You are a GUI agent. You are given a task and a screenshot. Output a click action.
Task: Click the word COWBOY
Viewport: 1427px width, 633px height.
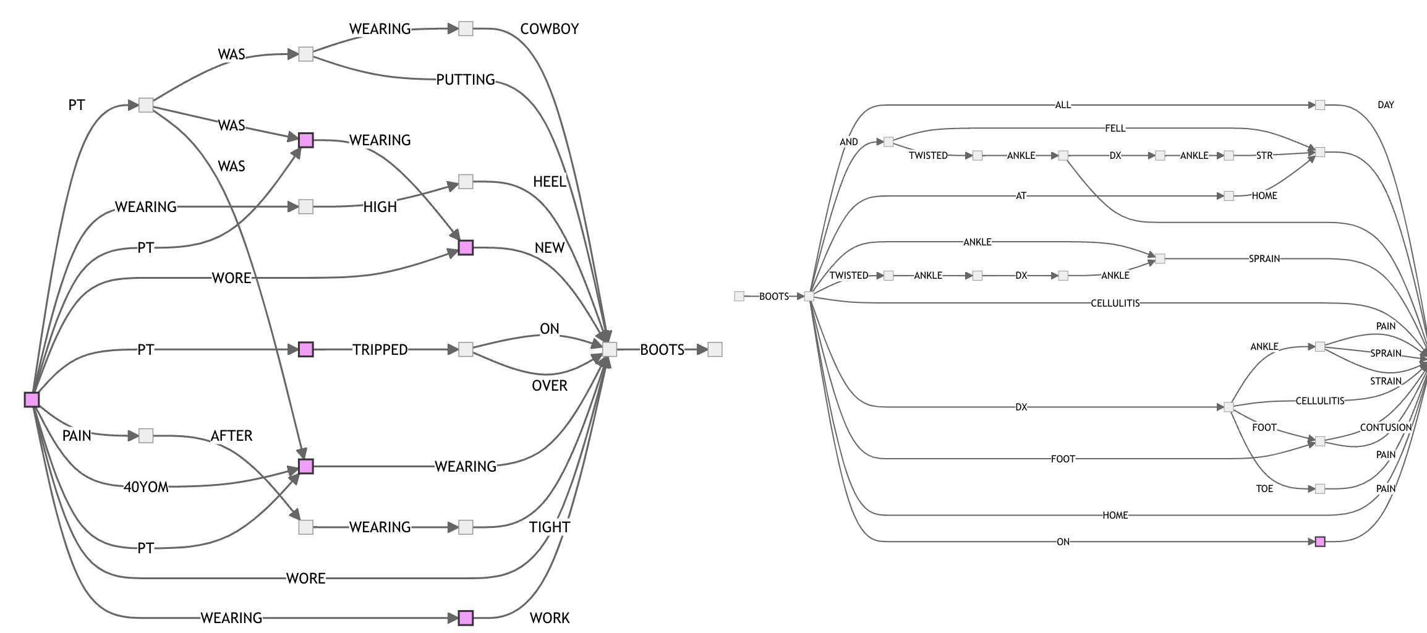tap(549, 29)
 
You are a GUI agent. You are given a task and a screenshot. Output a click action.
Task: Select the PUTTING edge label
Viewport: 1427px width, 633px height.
tap(466, 80)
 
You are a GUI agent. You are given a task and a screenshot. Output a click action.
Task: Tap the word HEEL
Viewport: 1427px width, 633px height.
tap(549, 182)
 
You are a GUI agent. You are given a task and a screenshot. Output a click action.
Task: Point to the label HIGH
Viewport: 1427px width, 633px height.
tap(380, 207)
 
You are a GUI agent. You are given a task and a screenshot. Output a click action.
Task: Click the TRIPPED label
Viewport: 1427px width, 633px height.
tap(380, 350)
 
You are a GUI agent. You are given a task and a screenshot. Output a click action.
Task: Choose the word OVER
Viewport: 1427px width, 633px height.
tap(549, 386)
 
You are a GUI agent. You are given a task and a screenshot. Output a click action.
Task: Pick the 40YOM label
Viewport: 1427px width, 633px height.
tap(146, 487)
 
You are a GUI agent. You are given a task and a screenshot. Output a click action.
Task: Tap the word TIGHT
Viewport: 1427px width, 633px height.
tap(549, 527)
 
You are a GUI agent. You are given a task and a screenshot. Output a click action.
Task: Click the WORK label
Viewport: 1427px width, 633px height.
tap(549, 618)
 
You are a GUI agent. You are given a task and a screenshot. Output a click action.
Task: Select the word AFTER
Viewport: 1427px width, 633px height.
tap(231, 436)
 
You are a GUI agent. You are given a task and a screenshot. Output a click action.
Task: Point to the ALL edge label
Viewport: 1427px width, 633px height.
tap(1062, 105)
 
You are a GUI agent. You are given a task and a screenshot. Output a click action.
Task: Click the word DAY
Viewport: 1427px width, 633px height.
tap(1386, 105)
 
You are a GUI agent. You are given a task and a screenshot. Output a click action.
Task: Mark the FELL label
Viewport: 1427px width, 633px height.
tap(1115, 129)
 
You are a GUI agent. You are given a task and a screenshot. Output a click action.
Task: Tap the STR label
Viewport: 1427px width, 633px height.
tap(1264, 156)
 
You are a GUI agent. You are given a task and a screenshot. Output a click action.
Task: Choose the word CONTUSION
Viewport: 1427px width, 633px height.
tap(1386, 428)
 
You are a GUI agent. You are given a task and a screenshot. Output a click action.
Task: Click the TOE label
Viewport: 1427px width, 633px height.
tap(1264, 489)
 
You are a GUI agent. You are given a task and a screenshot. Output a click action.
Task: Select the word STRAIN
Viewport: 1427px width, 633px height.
tap(1386, 381)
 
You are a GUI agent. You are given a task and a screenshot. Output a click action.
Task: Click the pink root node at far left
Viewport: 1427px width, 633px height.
tap(32, 400)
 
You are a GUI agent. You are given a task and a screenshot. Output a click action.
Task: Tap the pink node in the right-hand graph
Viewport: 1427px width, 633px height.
tap(1319, 542)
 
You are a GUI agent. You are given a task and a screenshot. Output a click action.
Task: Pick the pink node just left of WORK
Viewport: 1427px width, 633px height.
tap(466, 618)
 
